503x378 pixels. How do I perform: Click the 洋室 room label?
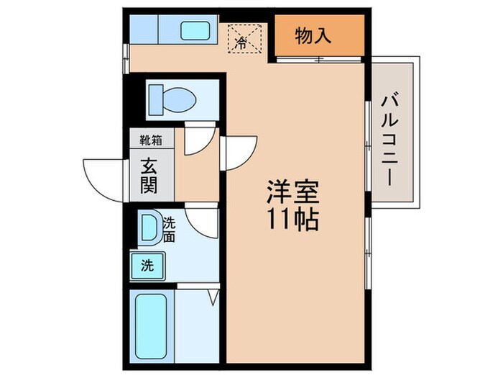(292, 192)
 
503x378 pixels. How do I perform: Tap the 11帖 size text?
(292, 219)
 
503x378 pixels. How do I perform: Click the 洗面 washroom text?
(169, 229)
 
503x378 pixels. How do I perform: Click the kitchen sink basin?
(194, 31)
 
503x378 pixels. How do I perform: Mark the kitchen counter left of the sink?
(144, 31)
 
